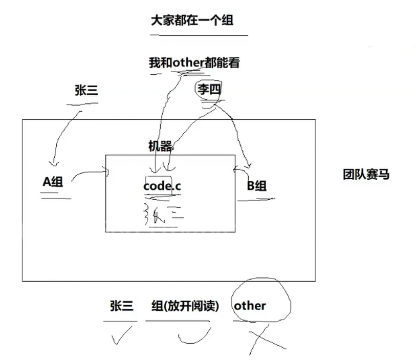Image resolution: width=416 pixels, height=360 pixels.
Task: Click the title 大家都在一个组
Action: [x=192, y=20]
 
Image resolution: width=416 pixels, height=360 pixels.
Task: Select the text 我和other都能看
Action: [x=194, y=63]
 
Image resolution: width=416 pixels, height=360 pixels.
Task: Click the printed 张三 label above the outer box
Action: [x=86, y=91]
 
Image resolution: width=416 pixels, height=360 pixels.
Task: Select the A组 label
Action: [x=52, y=182]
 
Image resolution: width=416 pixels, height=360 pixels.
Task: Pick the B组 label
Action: [x=257, y=185]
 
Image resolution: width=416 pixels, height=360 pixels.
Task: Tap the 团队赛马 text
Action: [x=366, y=174]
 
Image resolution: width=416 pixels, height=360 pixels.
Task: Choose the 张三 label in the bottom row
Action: [x=121, y=306]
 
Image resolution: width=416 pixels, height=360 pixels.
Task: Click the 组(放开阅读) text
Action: [x=185, y=306]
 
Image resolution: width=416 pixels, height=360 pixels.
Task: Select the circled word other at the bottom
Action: [x=250, y=306]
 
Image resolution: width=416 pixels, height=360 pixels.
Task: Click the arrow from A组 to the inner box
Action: [x=90, y=174]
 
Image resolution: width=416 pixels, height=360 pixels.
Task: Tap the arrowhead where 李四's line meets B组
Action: [x=249, y=165]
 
